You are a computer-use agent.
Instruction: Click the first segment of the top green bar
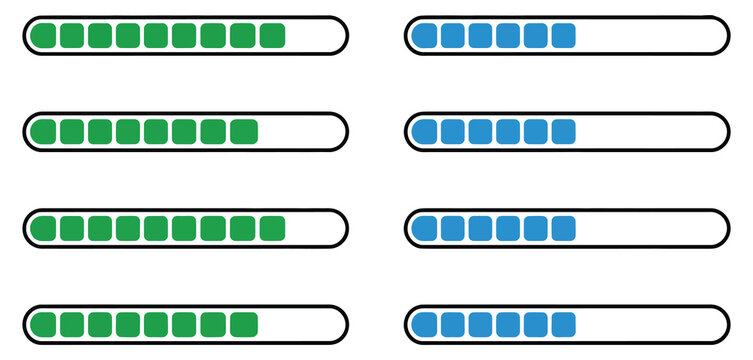(43, 36)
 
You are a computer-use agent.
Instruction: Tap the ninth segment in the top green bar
(272, 36)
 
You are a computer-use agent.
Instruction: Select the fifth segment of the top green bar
(156, 36)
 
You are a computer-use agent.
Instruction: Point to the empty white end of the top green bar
(315, 36)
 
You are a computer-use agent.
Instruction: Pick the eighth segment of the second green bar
(243, 132)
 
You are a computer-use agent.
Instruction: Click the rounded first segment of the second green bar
(43, 132)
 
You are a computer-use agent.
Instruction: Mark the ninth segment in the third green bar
(272, 229)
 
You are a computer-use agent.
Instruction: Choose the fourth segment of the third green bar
(128, 229)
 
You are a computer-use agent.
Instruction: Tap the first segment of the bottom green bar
(43, 325)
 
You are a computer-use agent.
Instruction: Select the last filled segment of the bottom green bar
(243, 325)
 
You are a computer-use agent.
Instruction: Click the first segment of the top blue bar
(425, 36)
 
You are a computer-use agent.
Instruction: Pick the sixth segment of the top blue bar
(563, 36)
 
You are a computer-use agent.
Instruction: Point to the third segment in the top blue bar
(480, 36)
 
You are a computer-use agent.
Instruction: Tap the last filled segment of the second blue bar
(563, 132)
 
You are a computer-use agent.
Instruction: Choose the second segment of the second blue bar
(453, 132)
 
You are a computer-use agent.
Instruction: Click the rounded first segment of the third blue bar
(425, 229)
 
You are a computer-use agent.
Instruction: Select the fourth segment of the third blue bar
(508, 229)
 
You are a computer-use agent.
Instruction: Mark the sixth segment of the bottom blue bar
(563, 325)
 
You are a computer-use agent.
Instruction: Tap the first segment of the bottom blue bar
(425, 325)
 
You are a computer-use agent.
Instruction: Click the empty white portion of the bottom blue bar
(650, 325)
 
